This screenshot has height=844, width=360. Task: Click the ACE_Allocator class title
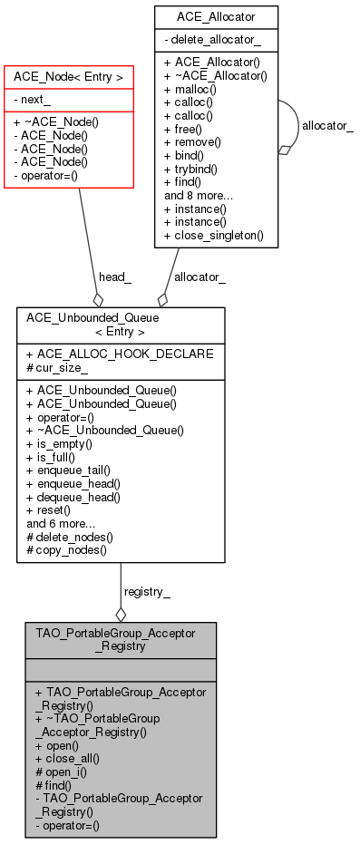[216, 16]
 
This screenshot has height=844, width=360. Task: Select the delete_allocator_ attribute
[212, 41]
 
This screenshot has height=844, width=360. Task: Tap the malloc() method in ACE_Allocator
[193, 91]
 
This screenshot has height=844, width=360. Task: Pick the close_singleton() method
[213, 235]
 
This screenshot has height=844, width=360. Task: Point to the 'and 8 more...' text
[199, 195]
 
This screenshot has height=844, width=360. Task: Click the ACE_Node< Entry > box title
[69, 78]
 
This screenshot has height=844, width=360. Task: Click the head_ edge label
[115, 276]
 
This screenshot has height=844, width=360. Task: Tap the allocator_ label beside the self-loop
[327, 125]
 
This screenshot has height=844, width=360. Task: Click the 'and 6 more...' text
[62, 522]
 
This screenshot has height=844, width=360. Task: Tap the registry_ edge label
[146, 591]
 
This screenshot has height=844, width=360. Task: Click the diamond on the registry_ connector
[121, 614]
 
